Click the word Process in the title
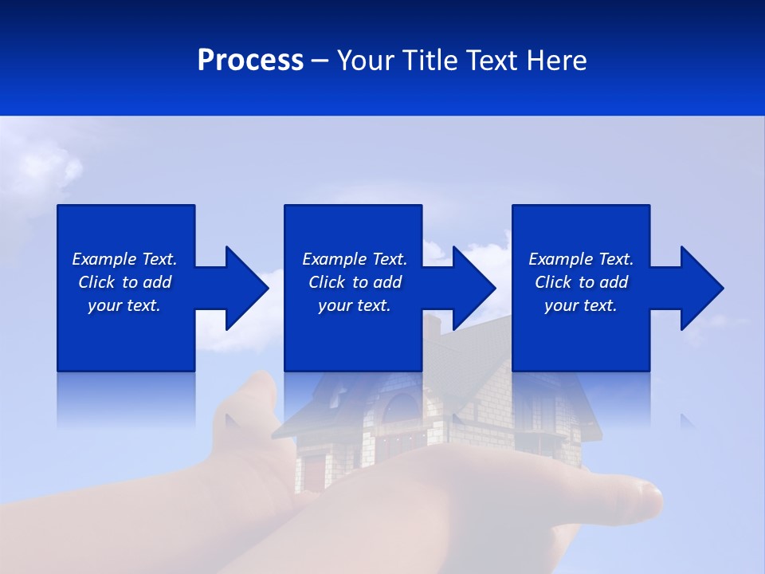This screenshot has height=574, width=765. (x=250, y=61)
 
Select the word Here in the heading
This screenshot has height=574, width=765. (x=556, y=61)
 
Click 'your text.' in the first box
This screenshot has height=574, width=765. (x=124, y=305)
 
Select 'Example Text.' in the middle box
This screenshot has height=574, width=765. (x=355, y=259)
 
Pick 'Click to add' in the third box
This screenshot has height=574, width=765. (x=581, y=282)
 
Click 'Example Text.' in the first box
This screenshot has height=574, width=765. (x=124, y=259)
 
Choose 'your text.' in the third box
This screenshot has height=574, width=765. (x=581, y=305)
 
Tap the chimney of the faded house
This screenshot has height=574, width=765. (x=431, y=327)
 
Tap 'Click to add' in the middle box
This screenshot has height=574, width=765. (x=355, y=282)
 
